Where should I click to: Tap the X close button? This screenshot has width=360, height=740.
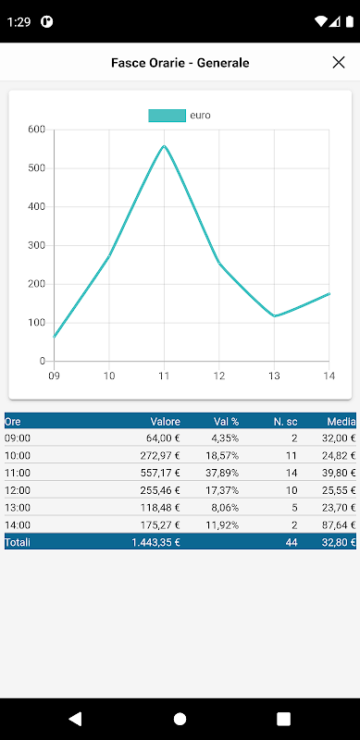pyautogui.click(x=339, y=62)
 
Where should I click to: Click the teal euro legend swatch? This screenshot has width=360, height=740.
pyautogui.click(x=167, y=116)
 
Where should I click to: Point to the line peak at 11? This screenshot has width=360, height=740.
pyautogui.click(x=164, y=146)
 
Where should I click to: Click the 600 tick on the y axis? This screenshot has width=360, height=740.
pyautogui.click(x=35, y=129)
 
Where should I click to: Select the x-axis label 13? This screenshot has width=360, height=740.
pyautogui.click(x=274, y=376)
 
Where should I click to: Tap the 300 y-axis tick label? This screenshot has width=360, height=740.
pyautogui.click(x=35, y=245)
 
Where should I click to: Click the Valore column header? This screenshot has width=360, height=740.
pyautogui.click(x=166, y=422)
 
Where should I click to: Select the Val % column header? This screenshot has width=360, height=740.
pyautogui.click(x=227, y=422)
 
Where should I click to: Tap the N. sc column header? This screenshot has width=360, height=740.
pyautogui.click(x=285, y=422)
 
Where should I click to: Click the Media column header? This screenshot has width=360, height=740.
pyautogui.click(x=341, y=422)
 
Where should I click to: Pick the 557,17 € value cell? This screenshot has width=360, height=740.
pyautogui.click(x=160, y=473)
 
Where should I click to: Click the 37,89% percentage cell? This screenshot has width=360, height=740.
pyautogui.click(x=223, y=473)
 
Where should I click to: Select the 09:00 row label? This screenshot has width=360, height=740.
pyautogui.click(x=18, y=438)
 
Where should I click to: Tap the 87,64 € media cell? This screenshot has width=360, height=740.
pyautogui.click(x=336, y=525)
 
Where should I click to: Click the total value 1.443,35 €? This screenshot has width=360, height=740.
pyautogui.click(x=155, y=543)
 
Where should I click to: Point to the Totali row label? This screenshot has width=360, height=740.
pyautogui.click(x=18, y=543)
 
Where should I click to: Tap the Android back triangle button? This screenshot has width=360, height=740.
pyautogui.click(x=75, y=719)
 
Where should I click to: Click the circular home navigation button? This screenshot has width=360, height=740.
pyautogui.click(x=180, y=719)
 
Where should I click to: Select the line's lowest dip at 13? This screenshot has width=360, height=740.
pyautogui.click(x=274, y=315)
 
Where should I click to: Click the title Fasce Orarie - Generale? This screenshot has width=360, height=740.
pyautogui.click(x=180, y=63)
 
